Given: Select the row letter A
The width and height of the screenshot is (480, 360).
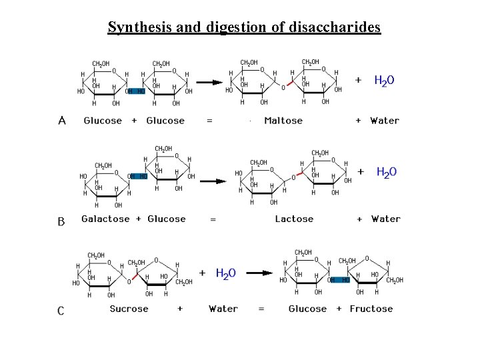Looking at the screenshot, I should (x=62, y=121).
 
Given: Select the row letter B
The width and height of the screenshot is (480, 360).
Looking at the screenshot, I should (x=61, y=221).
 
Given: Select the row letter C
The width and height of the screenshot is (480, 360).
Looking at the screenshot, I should (x=61, y=311).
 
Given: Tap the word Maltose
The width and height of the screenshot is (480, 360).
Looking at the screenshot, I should (x=283, y=121).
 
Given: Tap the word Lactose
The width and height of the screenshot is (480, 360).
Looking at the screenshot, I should (x=294, y=219).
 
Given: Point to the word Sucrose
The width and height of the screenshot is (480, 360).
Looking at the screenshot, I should (x=129, y=309).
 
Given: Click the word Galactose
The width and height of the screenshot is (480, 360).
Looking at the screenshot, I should (x=105, y=219).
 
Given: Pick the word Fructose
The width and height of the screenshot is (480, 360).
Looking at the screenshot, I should (x=371, y=309).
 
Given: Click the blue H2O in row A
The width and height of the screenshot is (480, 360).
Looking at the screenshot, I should (x=384, y=81).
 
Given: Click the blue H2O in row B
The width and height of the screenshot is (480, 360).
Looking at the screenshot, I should (x=387, y=173).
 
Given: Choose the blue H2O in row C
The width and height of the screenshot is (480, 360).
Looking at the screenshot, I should (x=225, y=273).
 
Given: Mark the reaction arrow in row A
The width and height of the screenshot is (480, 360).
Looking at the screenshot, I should (x=209, y=83).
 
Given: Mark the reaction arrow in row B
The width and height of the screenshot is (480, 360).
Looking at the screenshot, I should (x=214, y=181).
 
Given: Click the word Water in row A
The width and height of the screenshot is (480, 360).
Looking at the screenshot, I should (x=385, y=121).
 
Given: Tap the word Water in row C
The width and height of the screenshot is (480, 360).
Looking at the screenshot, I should (x=223, y=309).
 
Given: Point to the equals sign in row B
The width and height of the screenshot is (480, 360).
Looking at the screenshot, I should (x=213, y=219).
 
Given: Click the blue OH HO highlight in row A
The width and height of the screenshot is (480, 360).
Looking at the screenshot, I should (x=136, y=91).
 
